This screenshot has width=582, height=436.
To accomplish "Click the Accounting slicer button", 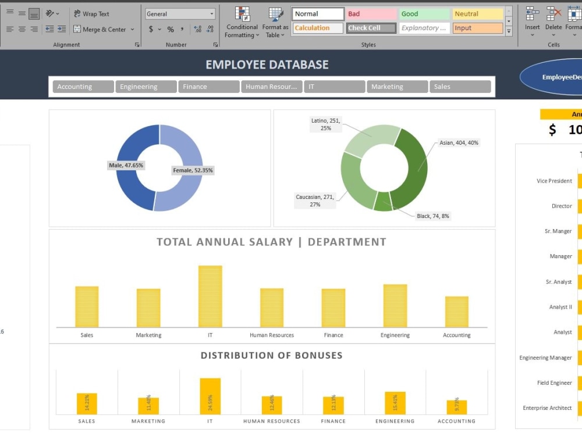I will (83, 87).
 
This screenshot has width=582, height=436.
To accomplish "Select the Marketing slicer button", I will (397, 87).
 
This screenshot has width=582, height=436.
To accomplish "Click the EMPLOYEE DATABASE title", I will (267, 65).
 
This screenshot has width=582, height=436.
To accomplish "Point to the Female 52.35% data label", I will (193, 170).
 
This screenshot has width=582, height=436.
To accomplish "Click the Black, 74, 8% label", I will (433, 216).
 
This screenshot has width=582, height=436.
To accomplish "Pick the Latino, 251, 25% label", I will (326, 124).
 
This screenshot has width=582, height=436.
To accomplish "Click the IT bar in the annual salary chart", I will (210, 296).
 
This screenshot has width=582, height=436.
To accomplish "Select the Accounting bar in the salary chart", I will (457, 312).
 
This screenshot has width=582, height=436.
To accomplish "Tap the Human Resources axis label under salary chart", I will (272, 335).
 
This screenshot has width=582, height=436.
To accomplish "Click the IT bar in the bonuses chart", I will (210, 396).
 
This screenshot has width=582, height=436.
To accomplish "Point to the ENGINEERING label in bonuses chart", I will (395, 421).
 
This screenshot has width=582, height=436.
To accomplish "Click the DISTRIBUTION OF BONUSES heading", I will (272, 355).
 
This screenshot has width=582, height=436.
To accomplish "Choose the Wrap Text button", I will (91, 14).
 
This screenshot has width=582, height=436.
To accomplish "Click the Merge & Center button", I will (104, 29).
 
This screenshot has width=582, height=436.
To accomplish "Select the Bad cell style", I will (372, 14).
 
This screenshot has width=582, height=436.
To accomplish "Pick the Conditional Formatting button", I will (242, 23).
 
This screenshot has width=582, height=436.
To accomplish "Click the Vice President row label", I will (554, 181).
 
